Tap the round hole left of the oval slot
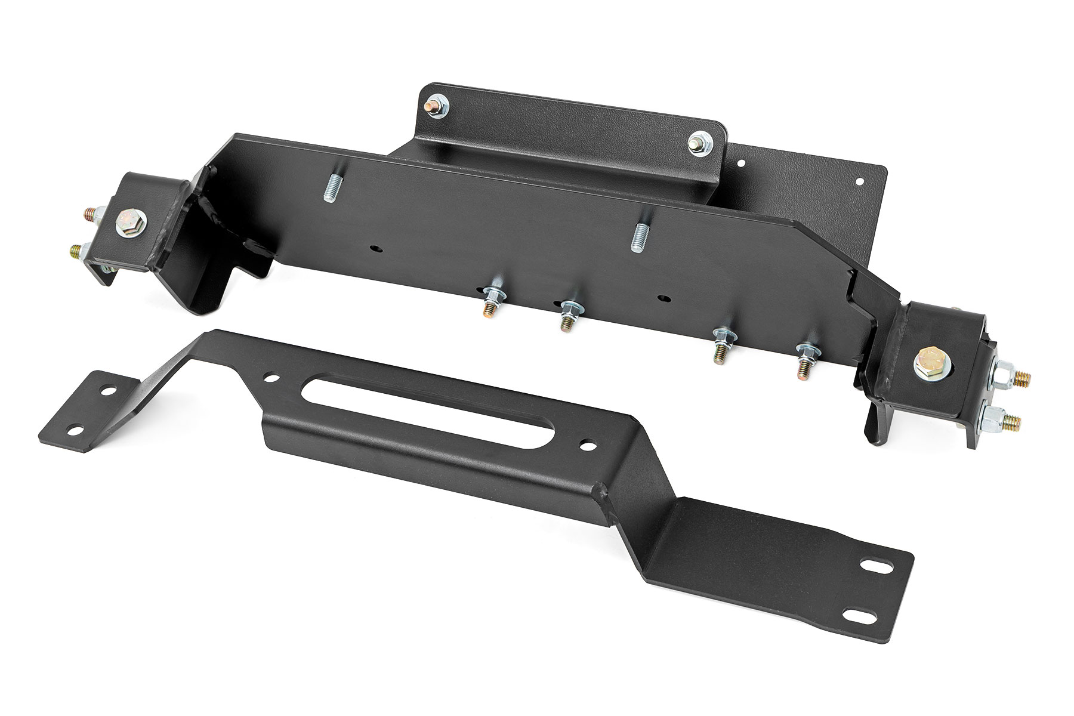pyautogui.click(x=272, y=378)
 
